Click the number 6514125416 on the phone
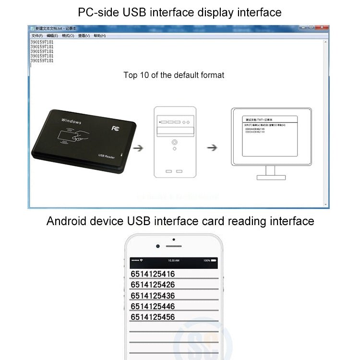[153, 274]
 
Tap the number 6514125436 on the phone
[153, 296]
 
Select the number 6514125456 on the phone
[153, 317]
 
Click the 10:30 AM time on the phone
[173, 260]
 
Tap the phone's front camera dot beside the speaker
[158, 246]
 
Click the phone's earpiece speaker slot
[174, 246]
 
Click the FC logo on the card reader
[115, 128]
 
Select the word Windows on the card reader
[72, 121]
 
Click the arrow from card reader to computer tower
[138, 148]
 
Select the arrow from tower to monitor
[212, 148]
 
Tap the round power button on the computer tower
[174, 142]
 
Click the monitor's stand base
[271, 177]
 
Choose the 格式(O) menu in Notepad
[68, 36]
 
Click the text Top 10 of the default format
[174, 75]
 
